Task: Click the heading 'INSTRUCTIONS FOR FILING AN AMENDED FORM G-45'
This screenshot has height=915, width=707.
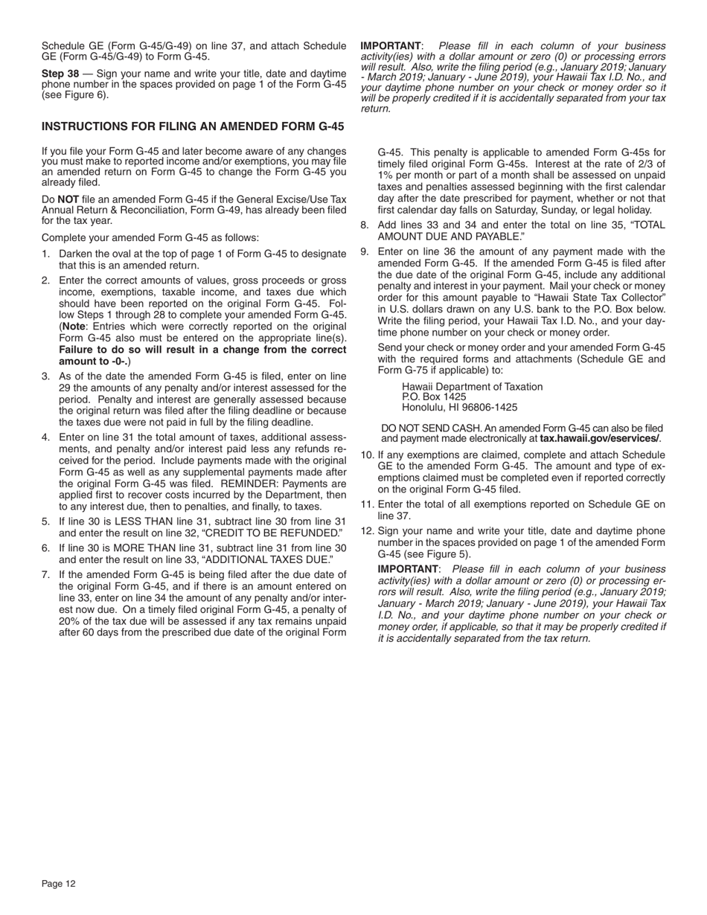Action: [x=193, y=126]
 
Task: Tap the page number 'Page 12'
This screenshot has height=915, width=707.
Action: [x=59, y=884]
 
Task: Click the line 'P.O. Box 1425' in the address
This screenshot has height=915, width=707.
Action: [x=434, y=397]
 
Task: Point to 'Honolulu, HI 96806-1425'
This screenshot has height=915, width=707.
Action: [x=459, y=407]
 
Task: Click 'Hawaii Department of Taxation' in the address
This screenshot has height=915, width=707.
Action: [x=472, y=387]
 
